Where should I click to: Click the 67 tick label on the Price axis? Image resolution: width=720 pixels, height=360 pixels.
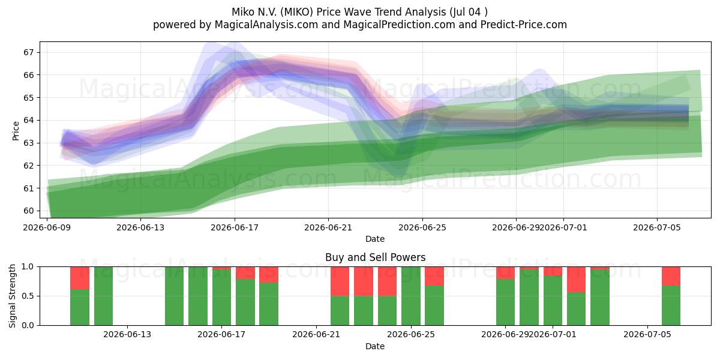pos(28,52)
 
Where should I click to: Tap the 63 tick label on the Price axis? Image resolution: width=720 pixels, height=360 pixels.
pos(28,143)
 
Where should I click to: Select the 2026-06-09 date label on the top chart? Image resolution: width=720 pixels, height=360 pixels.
pos(47,227)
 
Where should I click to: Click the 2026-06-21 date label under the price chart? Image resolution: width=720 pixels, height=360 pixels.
pos(328,227)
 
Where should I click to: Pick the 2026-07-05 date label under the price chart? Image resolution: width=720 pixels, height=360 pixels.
pos(656,227)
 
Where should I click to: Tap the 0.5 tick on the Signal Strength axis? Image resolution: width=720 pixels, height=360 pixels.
pos(28,296)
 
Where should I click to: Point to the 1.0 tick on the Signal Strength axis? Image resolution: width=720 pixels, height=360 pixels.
pos(28,267)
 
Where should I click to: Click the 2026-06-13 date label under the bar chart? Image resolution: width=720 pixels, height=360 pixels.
pos(127,335)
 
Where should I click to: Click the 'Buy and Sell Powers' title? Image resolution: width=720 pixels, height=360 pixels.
pos(375,257)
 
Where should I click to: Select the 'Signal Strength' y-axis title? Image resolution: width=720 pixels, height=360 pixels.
pos(12,296)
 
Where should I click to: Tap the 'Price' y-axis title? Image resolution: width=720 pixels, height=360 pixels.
pos(16,131)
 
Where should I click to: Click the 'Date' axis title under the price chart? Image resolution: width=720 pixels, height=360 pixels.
pos(375,239)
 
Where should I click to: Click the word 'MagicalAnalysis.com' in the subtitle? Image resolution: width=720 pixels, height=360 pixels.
pos(266,25)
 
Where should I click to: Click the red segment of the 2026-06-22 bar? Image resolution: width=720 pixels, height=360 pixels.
pos(340,281)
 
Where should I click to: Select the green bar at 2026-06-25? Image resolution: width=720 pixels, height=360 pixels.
pos(411,296)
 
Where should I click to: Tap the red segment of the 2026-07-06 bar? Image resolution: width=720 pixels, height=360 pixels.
pos(671,276)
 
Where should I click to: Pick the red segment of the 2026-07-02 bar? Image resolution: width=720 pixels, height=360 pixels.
pos(576,280)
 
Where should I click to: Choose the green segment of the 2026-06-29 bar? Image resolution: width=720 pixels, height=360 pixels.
pos(505,302)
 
